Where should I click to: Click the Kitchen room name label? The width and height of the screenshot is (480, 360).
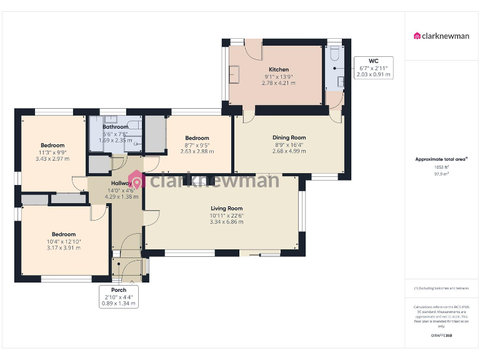tap(279, 69)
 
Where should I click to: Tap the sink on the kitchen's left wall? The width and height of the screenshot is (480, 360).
tap(235, 75)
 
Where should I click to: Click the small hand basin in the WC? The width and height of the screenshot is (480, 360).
tap(341, 81)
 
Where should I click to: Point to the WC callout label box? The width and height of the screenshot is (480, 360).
tap(374, 67)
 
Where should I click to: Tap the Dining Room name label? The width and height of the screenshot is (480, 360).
tap(289, 137)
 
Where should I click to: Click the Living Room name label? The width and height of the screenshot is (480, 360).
tap(226, 209)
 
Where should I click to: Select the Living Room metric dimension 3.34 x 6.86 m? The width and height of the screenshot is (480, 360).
tap(226, 222)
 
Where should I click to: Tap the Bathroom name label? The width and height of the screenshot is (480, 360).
tap(116, 127)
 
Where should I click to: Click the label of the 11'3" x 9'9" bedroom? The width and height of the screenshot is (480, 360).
tap(52, 146)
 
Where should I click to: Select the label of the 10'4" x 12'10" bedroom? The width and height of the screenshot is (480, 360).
tap(64, 234)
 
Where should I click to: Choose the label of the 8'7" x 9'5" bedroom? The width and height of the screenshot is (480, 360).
tap(197, 138)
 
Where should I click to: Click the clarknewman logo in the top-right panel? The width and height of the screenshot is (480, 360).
tap(442, 36)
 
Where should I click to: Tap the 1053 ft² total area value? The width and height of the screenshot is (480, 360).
tap(441, 167)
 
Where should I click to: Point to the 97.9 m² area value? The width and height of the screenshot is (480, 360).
tap(441, 174)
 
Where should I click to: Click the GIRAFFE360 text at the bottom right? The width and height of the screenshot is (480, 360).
tap(441, 336)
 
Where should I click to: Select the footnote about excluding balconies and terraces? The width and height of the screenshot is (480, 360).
tap(441, 288)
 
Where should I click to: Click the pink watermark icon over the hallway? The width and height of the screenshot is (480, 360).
tap(137, 180)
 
